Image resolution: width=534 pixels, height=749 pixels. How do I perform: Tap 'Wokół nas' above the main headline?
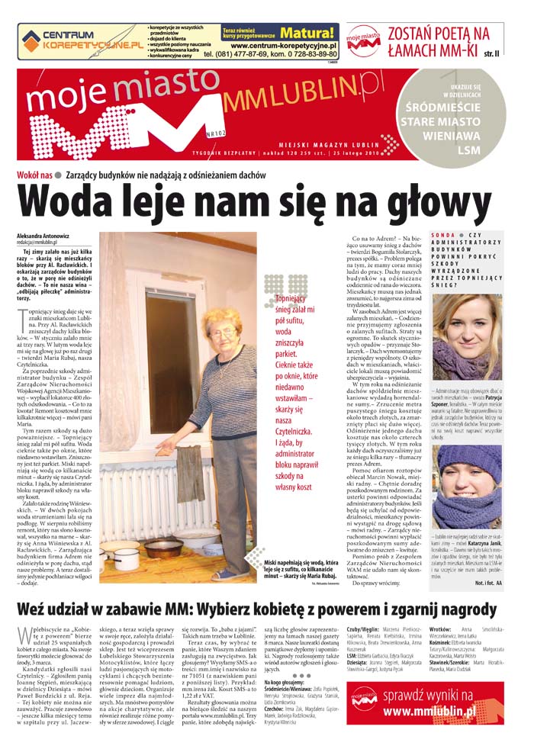point(34,175)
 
